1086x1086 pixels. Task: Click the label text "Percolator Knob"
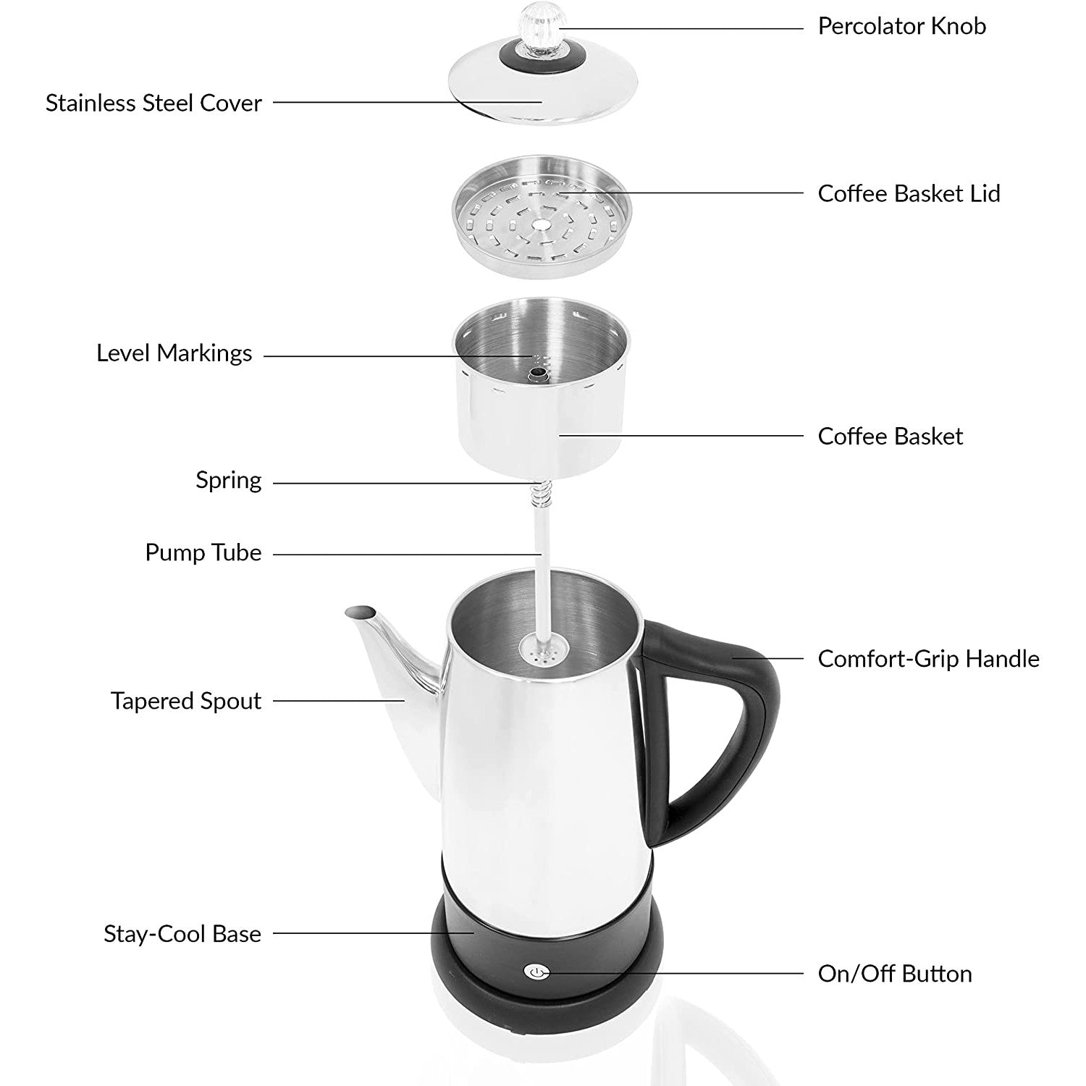click(901, 26)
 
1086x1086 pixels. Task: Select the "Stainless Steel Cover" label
click(153, 103)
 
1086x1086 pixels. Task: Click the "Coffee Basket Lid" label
click(909, 193)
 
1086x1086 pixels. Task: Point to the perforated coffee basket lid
click(542, 216)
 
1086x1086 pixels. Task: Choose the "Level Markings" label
click(174, 353)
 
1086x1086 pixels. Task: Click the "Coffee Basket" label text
click(891, 436)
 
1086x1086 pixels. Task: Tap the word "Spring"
click(229, 481)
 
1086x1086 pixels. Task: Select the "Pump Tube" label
click(203, 552)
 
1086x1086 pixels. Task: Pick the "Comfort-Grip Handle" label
click(928, 659)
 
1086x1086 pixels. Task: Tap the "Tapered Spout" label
click(186, 701)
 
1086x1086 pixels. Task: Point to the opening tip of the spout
click(361, 612)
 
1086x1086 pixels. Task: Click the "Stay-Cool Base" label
click(182, 934)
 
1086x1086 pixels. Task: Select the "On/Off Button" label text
click(895, 974)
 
